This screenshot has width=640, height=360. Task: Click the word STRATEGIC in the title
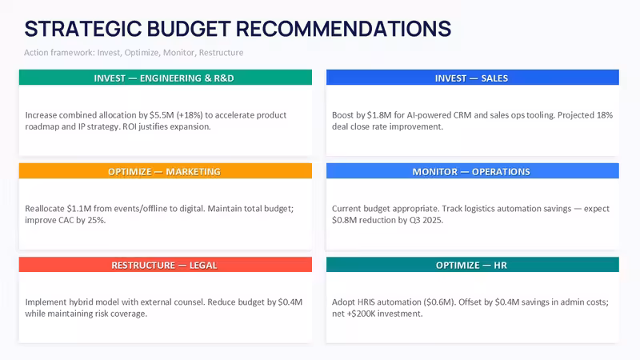tap(83, 29)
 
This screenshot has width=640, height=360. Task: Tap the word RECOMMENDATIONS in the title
tap(343, 29)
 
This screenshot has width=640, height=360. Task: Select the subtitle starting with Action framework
tap(134, 53)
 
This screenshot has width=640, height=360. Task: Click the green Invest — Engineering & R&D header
tap(166, 78)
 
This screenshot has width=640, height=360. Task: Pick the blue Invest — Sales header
tap(472, 78)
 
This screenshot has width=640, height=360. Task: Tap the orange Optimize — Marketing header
tap(166, 171)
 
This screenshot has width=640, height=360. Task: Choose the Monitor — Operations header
tap(472, 171)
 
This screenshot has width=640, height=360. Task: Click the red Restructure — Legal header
tap(166, 265)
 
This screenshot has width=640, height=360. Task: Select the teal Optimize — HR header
tap(472, 265)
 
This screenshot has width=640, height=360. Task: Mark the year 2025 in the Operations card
tap(433, 220)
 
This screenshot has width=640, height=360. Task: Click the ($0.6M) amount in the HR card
tap(438, 302)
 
